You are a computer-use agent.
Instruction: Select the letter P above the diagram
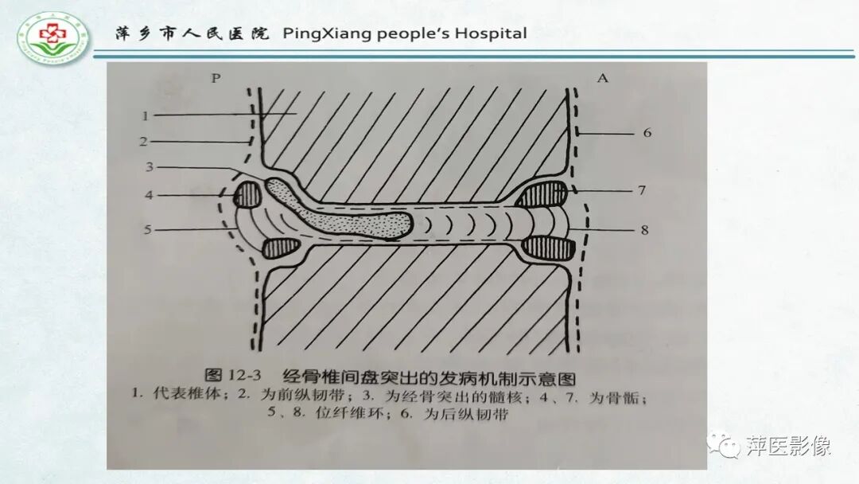(x=215, y=78)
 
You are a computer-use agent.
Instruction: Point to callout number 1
(x=146, y=116)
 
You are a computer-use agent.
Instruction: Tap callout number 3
(x=148, y=168)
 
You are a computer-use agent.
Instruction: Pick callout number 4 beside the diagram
(x=149, y=194)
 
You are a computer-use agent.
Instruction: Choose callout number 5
(x=148, y=230)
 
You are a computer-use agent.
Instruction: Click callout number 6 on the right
(x=647, y=132)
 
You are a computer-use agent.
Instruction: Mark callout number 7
(x=641, y=191)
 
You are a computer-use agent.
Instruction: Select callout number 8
(x=643, y=231)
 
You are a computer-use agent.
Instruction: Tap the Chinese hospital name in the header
(x=191, y=33)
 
